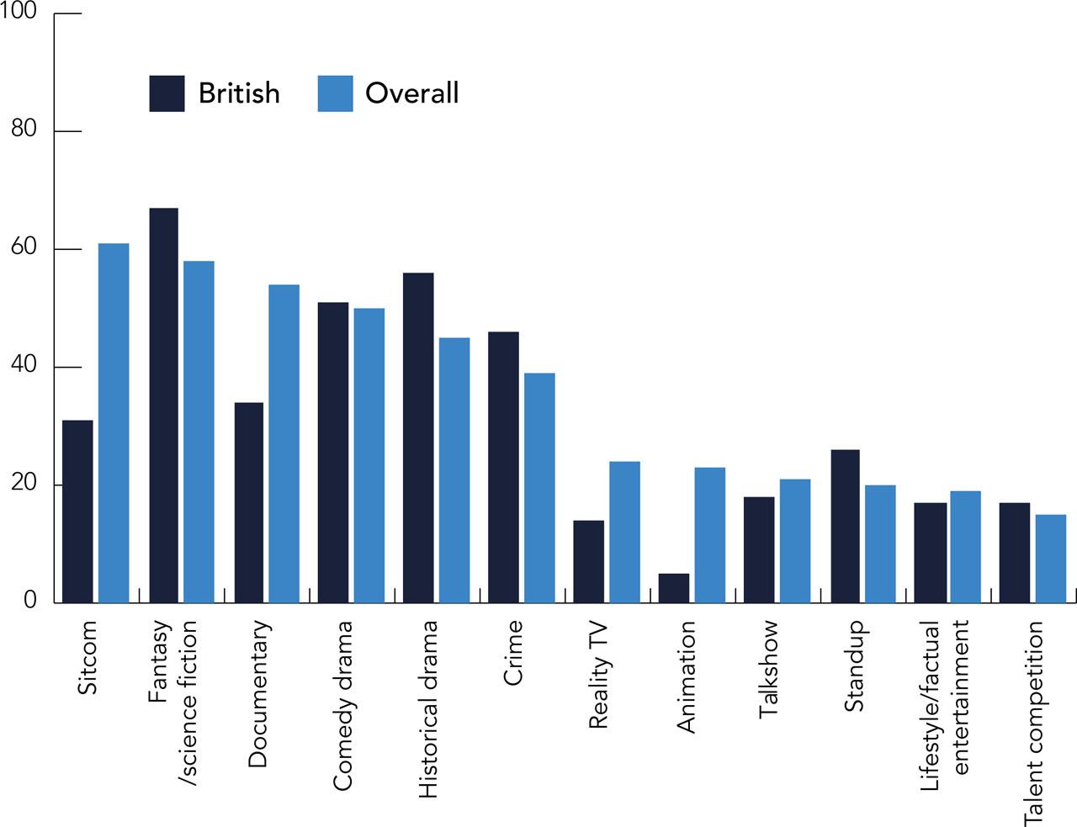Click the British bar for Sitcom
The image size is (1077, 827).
click(77, 512)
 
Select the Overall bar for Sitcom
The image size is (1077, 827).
click(114, 423)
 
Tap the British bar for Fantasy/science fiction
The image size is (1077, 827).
click(163, 406)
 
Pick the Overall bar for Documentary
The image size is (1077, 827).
click(284, 443)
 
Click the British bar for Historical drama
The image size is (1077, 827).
click(418, 437)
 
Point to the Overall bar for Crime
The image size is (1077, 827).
click(539, 488)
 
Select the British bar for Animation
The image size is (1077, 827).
click(673, 588)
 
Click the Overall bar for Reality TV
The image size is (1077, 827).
click(624, 532)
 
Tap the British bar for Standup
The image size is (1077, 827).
click(845, 526)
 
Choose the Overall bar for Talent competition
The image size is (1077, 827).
click(1050, 559)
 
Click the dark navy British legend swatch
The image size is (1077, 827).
click(167, 93)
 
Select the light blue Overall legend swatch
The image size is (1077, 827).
click(335, 93)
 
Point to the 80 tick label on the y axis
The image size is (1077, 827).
click(24, 129)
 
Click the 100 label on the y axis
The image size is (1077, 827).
click(19, 11)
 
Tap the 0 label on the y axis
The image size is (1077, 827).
click(30, 600)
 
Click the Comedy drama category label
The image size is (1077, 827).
click(342, 705)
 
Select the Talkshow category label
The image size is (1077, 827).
click(768, 669)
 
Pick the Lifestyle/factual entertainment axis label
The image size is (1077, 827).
click(945, 705)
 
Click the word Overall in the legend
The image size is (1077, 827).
click(411, 93)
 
